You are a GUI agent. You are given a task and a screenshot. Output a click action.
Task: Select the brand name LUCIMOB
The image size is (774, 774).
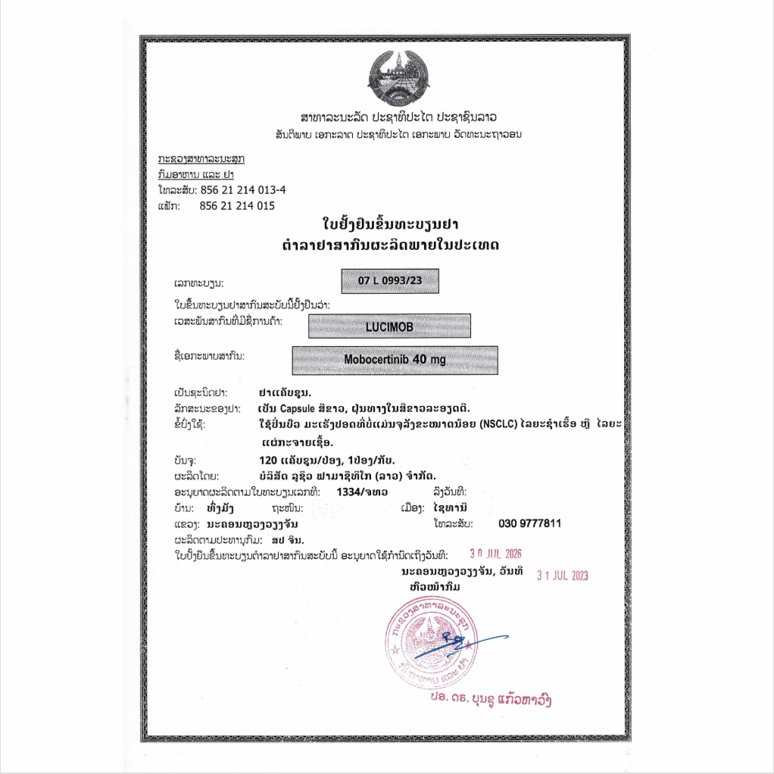click(x=389, y=326)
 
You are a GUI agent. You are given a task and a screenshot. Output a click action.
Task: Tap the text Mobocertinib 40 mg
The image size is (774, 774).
click(x=395, y=360)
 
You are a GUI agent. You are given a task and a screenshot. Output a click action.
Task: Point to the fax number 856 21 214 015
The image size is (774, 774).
click(x=237, y=205)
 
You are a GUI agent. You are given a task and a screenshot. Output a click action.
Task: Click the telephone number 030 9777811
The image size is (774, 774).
click(x=529, y=523)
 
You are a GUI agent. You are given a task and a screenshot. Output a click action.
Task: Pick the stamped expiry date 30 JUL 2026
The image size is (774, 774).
click(x=496, y=554)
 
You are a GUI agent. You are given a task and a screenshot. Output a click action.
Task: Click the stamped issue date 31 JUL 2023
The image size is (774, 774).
click(x=562, y=576)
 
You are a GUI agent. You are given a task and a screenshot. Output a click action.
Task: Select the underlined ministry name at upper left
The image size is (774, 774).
click(x=201, y=159)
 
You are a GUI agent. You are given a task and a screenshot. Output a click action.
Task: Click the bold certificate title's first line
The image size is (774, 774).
click(x=392, y=225)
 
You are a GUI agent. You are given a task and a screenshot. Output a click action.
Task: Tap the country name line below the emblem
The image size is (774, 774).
click(x=398, y=118)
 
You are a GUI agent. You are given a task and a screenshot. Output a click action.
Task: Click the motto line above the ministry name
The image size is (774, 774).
click(x=398, y=134)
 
